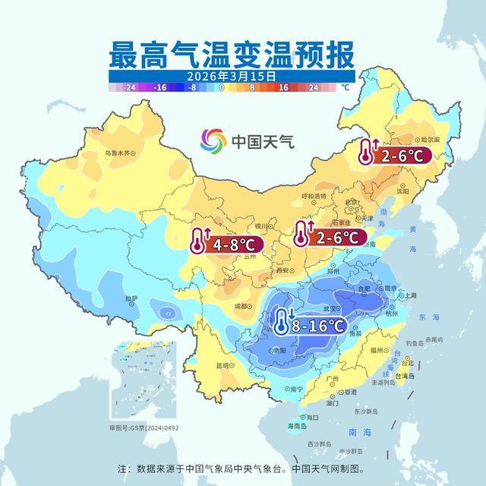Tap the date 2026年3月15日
click(x=232, y=76)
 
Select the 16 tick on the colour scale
click(x=283, y=88)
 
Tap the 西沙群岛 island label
click(x=320, y=443)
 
